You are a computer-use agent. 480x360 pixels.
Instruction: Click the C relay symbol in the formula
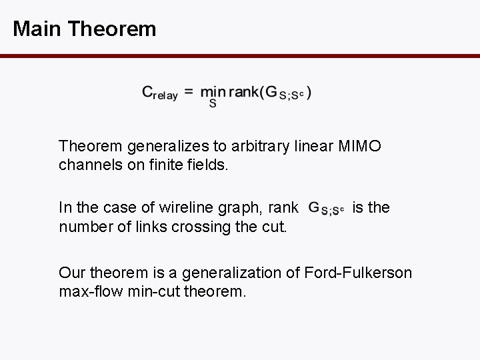pos(159,93)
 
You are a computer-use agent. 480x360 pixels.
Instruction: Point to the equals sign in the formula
pos(189,92)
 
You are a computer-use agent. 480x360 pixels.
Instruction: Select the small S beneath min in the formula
pos(213,104)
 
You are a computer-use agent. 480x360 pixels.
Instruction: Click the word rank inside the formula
pos(244,92)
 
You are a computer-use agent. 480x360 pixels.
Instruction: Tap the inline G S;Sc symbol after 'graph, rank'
pos(327,209)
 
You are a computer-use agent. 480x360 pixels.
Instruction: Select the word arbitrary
pos(257,145)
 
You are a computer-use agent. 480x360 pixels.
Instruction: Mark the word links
pos(161,227)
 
